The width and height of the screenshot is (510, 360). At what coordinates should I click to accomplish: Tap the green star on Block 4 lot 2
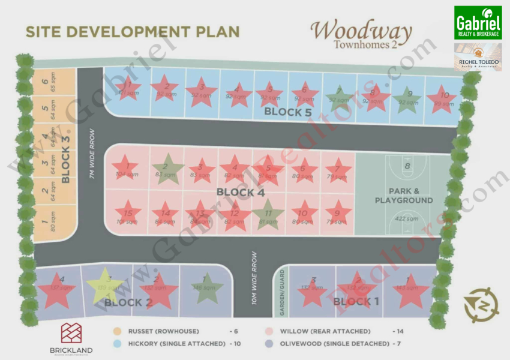click(x=167, y=169)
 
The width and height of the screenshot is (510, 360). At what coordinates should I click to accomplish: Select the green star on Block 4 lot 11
click(x=268, y=213)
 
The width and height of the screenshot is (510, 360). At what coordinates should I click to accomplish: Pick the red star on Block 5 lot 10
click(x=443, y=97)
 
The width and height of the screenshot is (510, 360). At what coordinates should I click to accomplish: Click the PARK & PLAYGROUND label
click(x=404, y=196)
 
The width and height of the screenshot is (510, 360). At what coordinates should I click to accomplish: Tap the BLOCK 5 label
click(x=289, y=112)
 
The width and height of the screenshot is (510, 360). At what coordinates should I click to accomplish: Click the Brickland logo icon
click(x=71, y=334)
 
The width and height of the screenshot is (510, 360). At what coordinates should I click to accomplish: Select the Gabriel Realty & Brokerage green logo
click(x=478, y=22)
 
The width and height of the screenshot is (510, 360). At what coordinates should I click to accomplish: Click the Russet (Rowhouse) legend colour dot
click(x=118, y=331)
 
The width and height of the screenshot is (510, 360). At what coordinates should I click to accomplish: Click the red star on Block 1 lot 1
click(x=410, y=290)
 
